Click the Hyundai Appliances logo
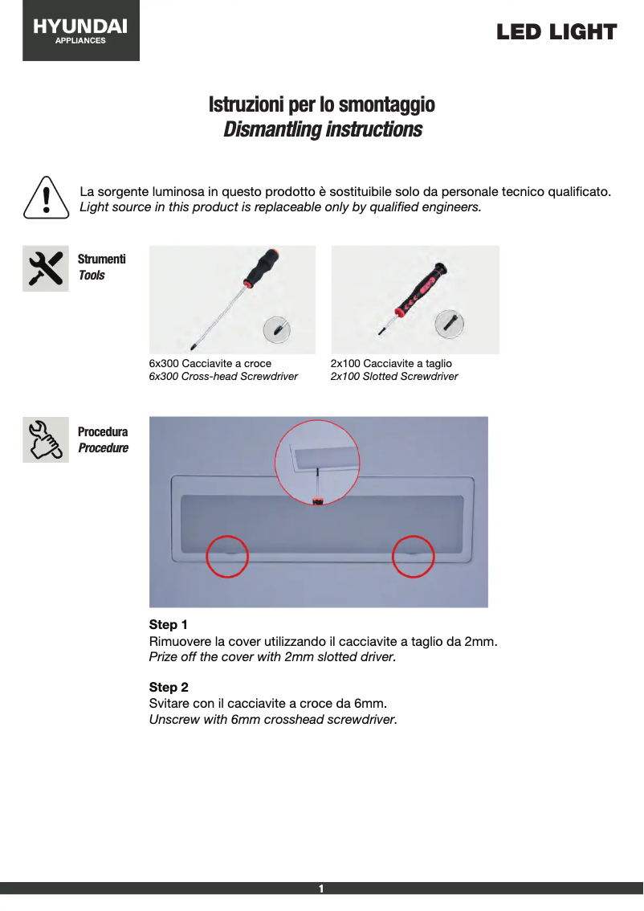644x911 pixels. click(x=80, y=31)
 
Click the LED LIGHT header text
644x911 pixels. click(x=556, y=32)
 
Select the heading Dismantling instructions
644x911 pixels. click(x=322, y=129)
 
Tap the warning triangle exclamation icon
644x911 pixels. click(x=46, y=197)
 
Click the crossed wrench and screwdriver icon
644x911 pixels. click(x=45, y=268)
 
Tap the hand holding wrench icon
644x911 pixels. click(x=45, y=439)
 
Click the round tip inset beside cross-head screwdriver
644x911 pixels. click(x=277, y=329)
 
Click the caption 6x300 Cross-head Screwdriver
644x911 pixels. click(x=223, y=376)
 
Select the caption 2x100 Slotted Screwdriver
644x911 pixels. click(x=394, y=376)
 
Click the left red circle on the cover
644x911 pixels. click(x=227, y=556)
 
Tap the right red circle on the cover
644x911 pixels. click(x=413, y=556)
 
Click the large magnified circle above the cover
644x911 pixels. click(x=319, y=462)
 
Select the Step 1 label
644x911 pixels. click(x=169, y=624)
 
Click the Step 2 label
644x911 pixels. click(x=169, y=687)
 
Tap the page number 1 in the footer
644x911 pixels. click(x=321, y=889)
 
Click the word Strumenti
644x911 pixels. click(x=101, y=259)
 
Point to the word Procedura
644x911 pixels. click(x=102, y=432)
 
